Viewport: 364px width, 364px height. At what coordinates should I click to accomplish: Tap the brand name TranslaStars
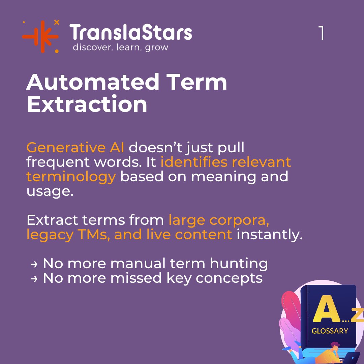click(x=131, y=33)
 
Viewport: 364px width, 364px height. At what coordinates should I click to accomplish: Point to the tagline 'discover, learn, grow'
click(x=120, y=47)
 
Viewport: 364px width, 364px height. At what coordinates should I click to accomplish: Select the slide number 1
click(x=322, y=33)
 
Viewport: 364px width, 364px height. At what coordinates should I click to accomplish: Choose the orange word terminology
click(x=71, y=176)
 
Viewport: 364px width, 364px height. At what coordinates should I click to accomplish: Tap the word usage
click(x=50, y=191)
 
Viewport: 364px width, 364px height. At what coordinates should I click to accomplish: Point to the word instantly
click(x=270, y=235)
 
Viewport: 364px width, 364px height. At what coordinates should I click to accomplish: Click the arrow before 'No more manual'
click(x=34, y=264)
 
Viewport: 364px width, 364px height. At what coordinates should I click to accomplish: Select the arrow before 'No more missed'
click(x=34, y=279)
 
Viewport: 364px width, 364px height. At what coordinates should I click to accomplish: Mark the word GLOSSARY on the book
click(x=330, y=331)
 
